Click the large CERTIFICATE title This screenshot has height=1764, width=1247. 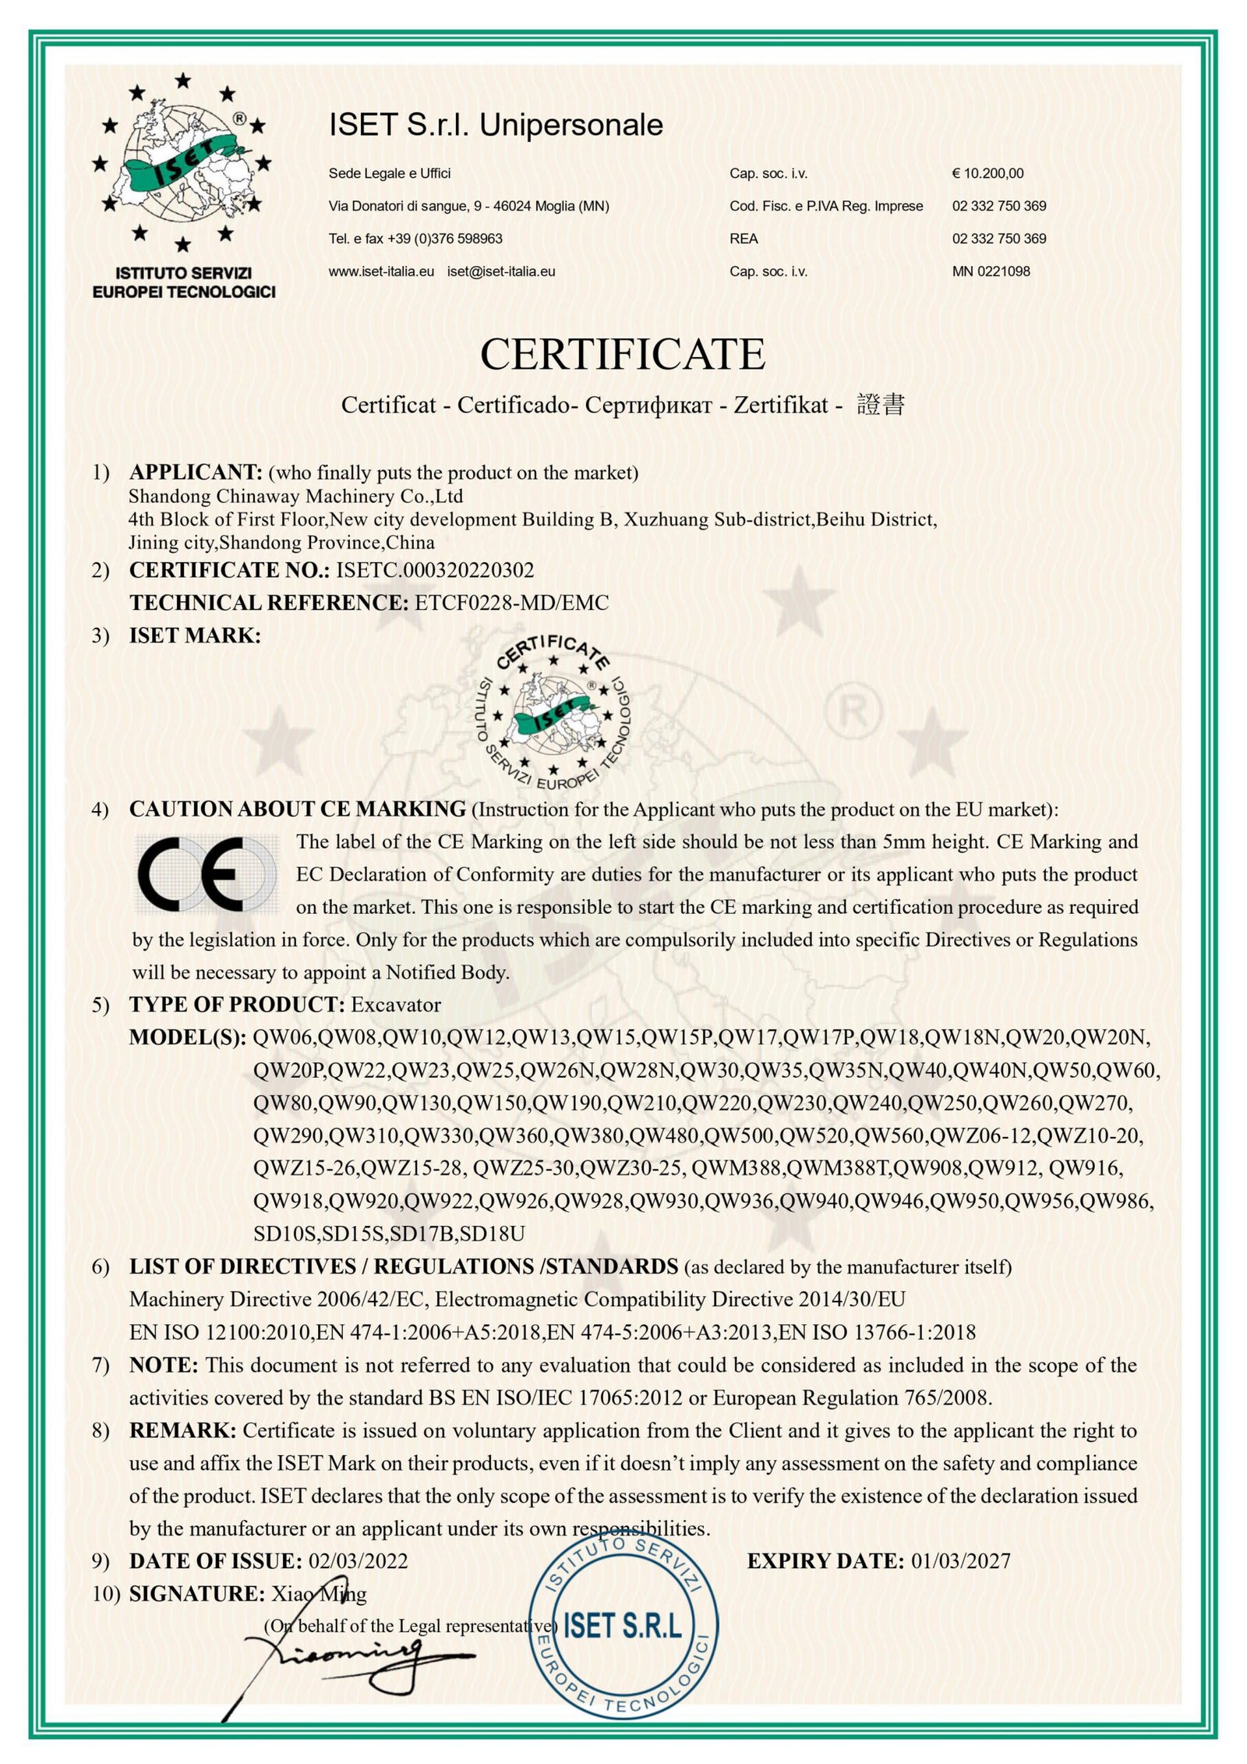point(623,355)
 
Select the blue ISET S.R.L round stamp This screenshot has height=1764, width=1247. point(621,1625)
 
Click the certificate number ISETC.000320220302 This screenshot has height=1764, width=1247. point(435,570)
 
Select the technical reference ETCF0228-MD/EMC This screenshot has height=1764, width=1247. point(513,603)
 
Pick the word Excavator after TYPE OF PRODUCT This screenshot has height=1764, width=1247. point(396,1004)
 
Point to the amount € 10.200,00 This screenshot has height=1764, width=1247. point(987,173)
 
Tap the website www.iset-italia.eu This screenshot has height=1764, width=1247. point(381,271)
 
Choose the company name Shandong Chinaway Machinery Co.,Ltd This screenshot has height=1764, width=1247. point(296,497)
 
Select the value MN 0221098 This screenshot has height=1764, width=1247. point(991,271)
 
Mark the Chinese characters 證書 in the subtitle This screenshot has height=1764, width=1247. point(881,406)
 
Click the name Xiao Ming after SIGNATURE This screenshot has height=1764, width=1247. point(318,1594)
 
